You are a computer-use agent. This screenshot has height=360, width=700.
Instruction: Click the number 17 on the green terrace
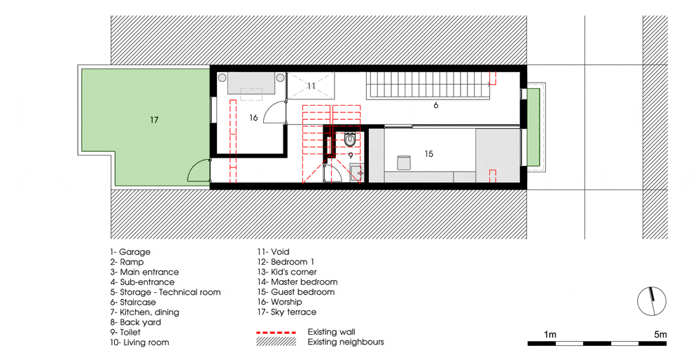coord(154,120)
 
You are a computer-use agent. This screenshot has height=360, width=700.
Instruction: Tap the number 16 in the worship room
coord(253,118)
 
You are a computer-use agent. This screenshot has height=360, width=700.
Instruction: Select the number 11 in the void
coord(311,85)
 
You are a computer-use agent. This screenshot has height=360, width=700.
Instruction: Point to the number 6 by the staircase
coord(435,106)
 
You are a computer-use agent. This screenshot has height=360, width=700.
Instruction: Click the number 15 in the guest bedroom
coord(428,153)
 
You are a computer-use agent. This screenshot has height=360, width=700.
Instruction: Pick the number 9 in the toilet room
coord(351,156)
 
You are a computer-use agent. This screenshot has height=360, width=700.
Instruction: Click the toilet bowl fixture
coord(351,140)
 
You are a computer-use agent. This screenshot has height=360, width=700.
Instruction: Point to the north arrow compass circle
coord(652,301)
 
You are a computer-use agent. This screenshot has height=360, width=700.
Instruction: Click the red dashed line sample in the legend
coord(276,333)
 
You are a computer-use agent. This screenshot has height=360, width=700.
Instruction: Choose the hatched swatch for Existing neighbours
coord(276,342)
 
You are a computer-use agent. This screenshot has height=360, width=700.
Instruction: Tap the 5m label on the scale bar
coord(660,335)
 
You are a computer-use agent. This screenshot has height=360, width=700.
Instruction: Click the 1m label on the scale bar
coord(550,335)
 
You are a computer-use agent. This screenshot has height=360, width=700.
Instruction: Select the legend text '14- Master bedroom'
coord(297,282)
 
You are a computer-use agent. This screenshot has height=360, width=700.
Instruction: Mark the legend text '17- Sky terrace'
coord(286,312)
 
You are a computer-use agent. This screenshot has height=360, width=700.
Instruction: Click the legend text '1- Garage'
coord(130,252)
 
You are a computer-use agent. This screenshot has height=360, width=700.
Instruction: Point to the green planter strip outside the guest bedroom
coord(533,127)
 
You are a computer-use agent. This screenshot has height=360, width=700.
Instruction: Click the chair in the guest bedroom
coord(404,162)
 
